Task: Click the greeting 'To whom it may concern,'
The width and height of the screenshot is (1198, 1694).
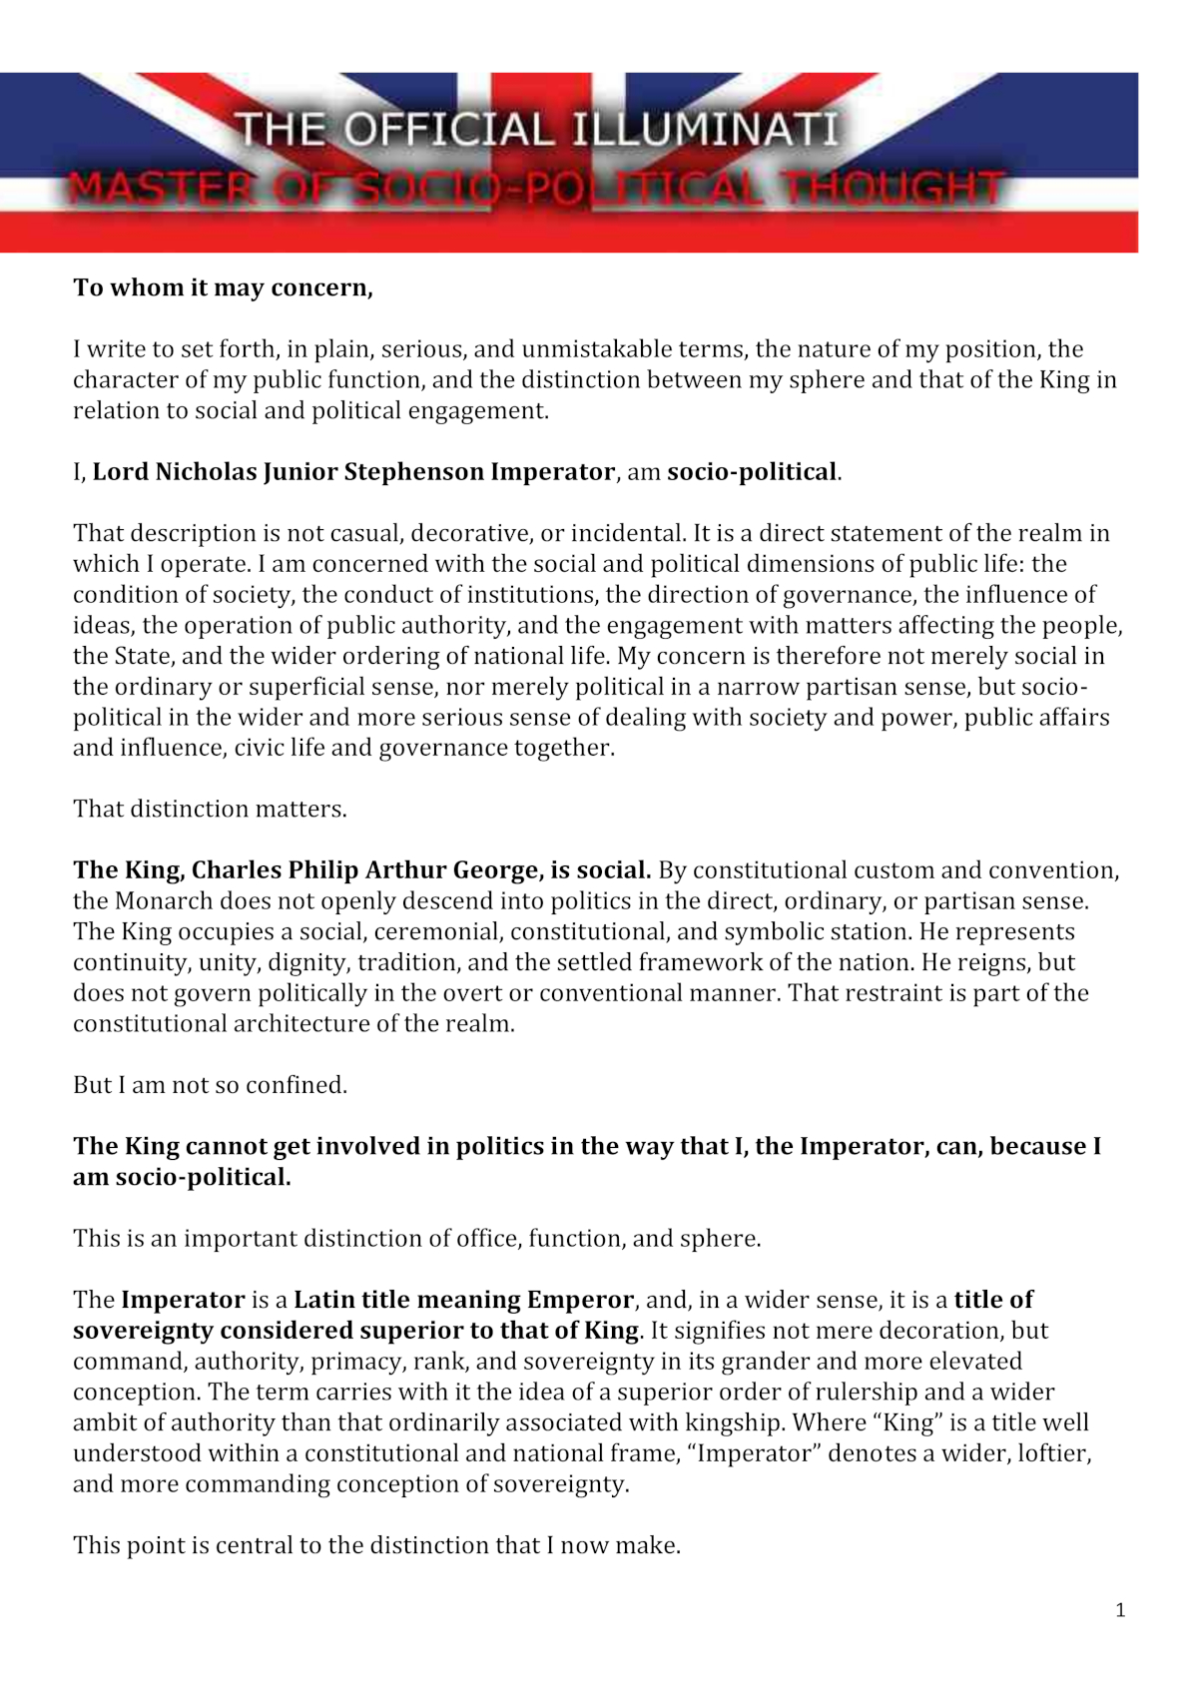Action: tap(223, 287)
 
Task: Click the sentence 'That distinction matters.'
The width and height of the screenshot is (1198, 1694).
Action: tap(210, 809)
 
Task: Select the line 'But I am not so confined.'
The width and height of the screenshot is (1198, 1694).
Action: tap(210, 1085)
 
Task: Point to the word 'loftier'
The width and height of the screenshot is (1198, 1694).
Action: tap(1054, 1453)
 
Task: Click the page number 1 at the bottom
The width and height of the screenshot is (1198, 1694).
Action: tap(1120, 1610)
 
